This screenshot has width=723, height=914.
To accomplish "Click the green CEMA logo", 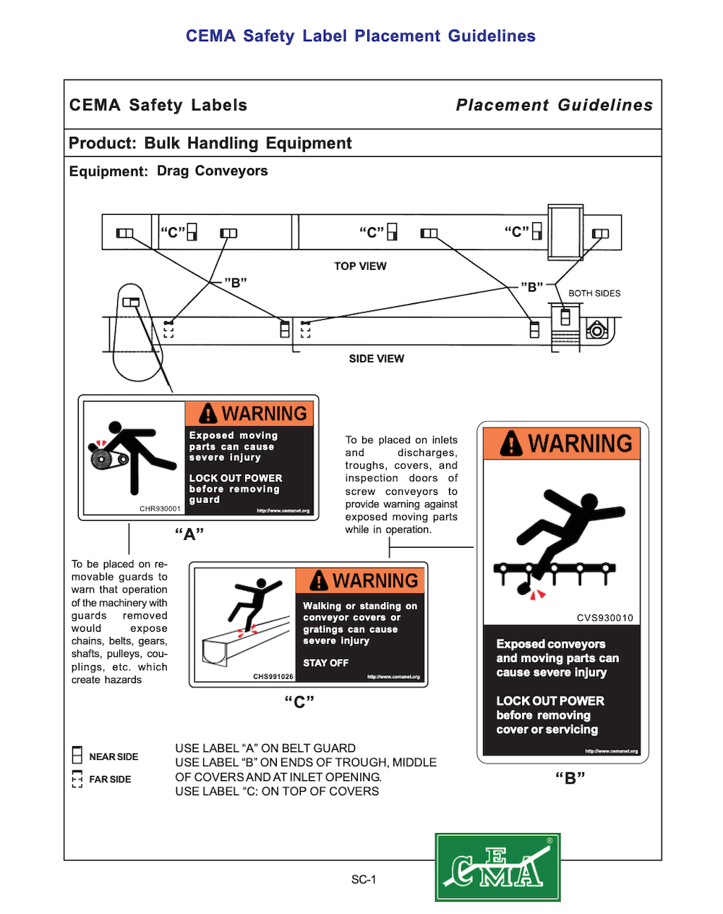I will pos(497,867).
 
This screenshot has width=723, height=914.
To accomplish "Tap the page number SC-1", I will pos(364,880).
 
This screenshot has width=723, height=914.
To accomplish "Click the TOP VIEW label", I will pos(360,266).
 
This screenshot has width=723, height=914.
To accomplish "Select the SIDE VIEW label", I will pos(376,359).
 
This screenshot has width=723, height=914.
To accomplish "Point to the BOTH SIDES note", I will pos(594,293).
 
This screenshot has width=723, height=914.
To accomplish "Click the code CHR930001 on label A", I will pos(160,509).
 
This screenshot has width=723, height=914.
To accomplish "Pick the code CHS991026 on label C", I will pos(273,677).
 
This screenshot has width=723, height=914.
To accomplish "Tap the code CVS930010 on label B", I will pos(604,618).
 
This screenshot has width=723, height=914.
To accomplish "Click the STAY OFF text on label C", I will pos(325,663).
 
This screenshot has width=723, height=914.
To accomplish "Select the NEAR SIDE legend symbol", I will pos(77,756).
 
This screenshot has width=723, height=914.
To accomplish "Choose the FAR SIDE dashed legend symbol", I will pos(77,779).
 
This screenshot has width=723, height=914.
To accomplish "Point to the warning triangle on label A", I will pos(208,413).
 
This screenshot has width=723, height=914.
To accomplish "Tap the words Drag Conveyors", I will pos(213,171).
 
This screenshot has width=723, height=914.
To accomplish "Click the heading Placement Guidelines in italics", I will pos(554,105).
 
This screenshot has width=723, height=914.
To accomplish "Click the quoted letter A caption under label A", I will pos(189,535).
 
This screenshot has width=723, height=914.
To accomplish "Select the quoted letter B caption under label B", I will pos(570,778).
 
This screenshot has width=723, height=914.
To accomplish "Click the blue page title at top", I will pos(361,36).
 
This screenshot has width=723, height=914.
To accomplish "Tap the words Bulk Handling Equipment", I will pos(248,143).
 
